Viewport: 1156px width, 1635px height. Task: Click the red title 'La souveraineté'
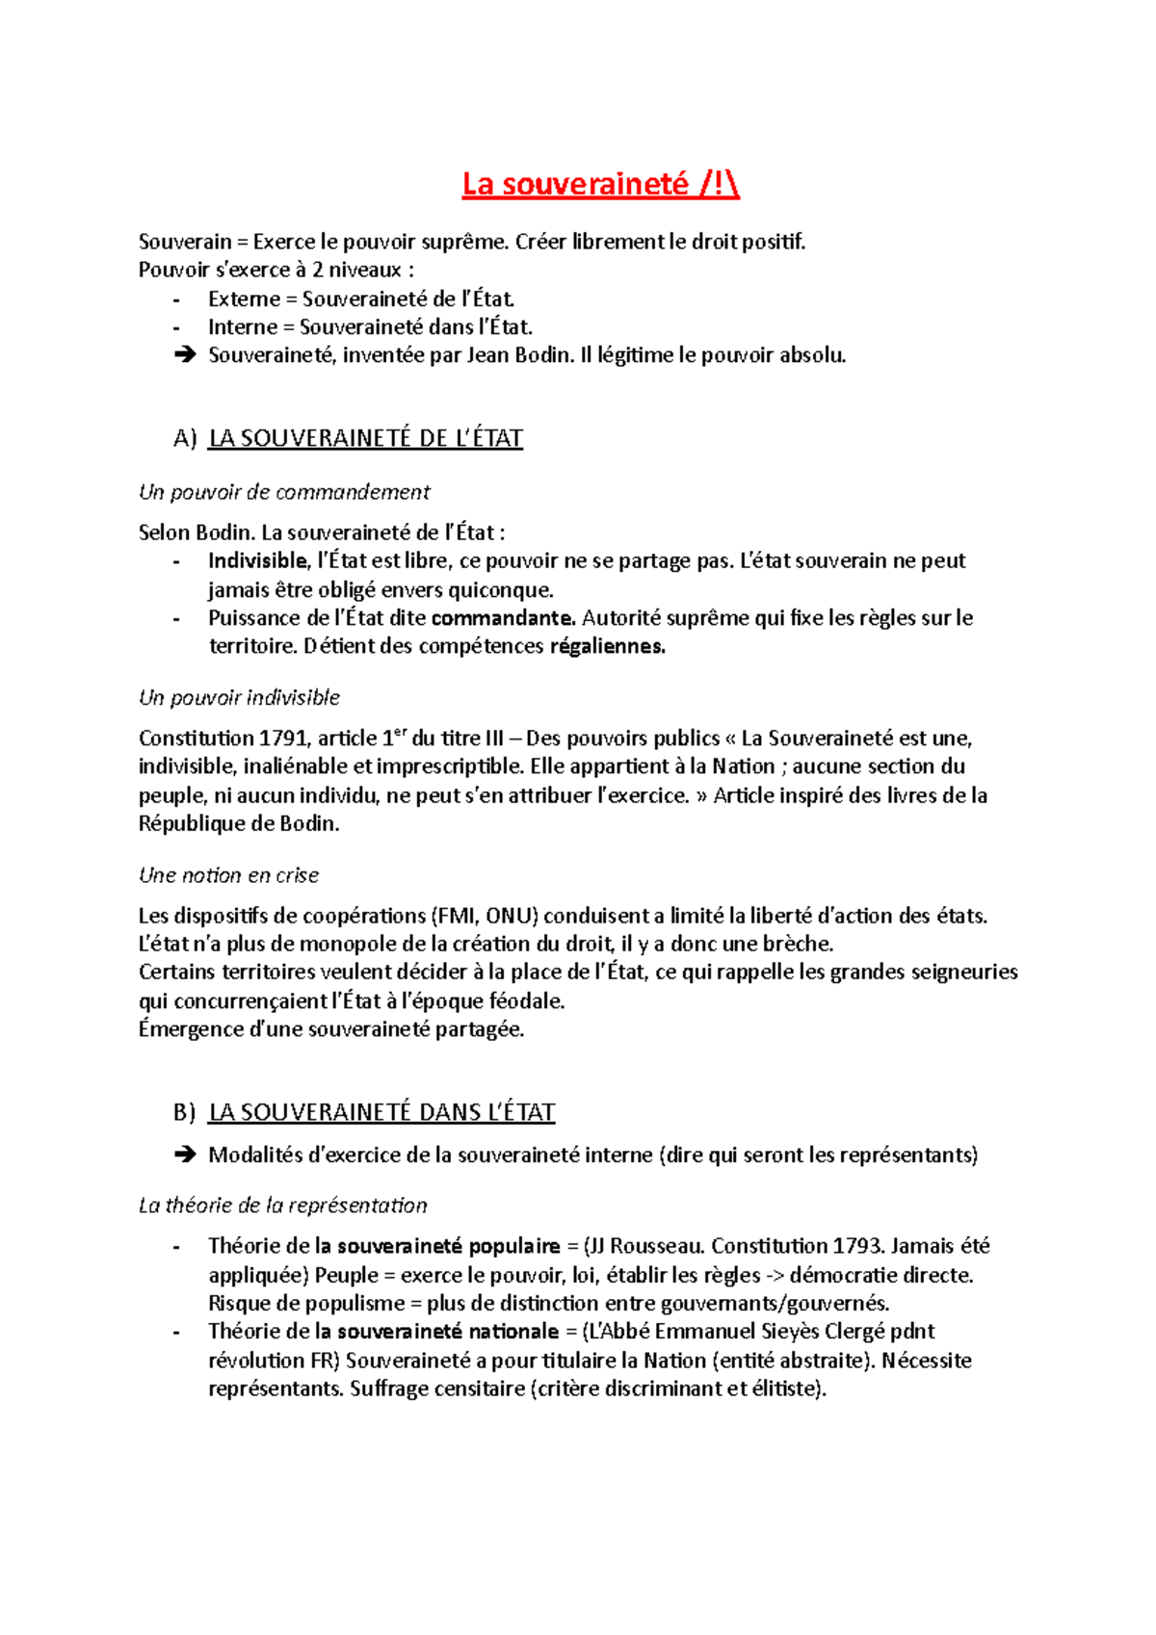[576, 184]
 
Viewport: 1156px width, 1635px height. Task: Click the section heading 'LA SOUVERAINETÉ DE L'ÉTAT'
[365, 438]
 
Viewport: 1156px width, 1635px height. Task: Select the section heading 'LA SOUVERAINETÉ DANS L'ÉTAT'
[381, 1112]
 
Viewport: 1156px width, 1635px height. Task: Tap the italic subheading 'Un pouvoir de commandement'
[284, 492]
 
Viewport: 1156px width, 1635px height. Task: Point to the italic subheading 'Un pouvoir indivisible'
[239, 697]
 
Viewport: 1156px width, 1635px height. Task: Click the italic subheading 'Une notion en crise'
[228, 875]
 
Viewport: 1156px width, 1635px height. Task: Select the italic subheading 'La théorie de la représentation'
[282, 1206]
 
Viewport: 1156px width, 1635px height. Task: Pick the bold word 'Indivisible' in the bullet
[257, 560]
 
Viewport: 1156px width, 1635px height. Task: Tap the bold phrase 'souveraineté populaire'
[448, 1246]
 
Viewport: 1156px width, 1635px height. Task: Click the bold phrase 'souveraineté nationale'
[447, 1332]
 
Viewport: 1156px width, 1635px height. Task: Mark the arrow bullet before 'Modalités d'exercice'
[183, 1155]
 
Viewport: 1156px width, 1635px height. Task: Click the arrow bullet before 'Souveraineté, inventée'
[183, 355]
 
